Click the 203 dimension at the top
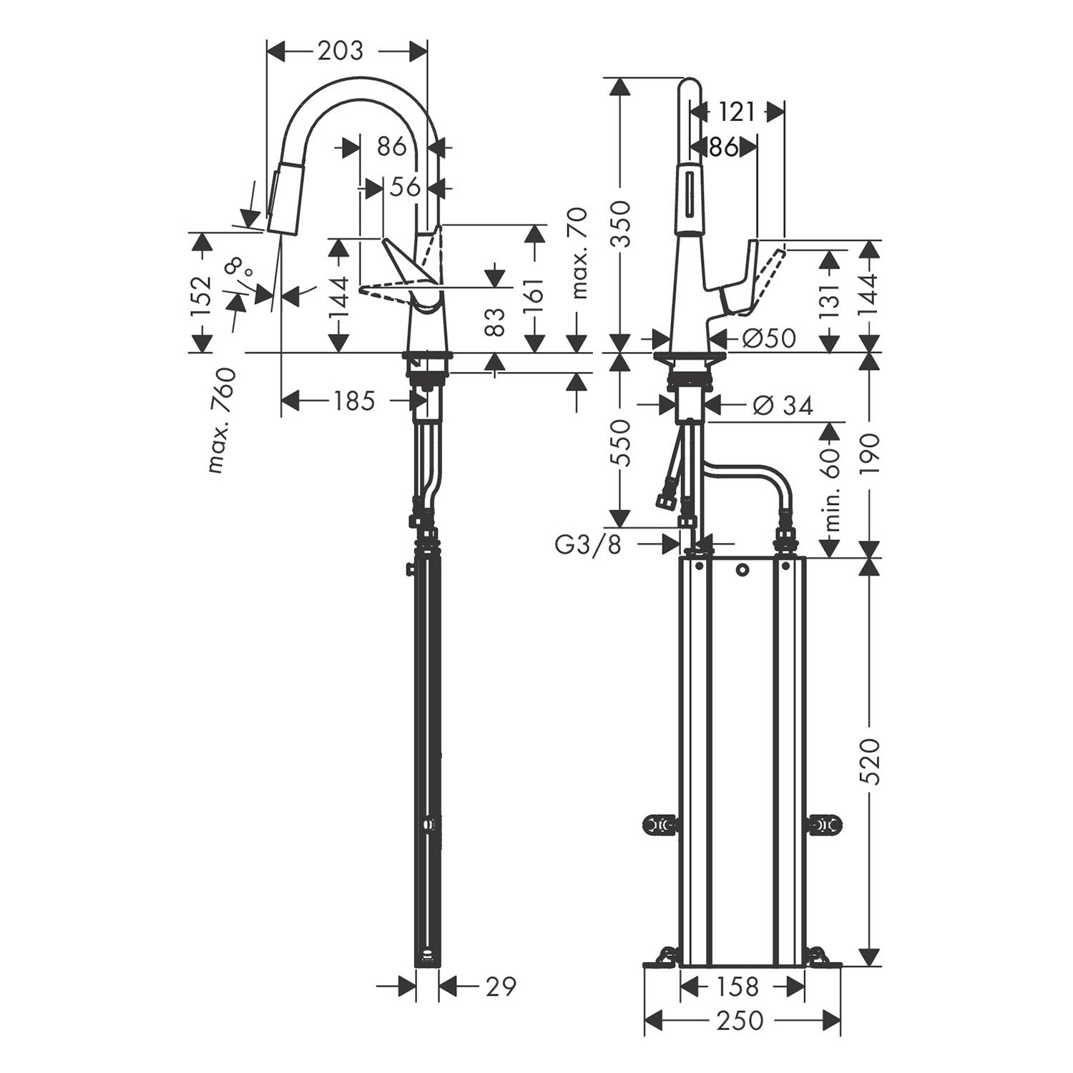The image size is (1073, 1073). pos(340,51)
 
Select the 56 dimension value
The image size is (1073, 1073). pos(405,187)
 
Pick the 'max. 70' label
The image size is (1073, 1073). pos(579,253)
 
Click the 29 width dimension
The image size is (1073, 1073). pos(500,986)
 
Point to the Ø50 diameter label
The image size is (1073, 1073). pos(768,338)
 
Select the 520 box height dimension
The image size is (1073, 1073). pos(871,761)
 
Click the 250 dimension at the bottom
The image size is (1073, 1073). pos(740,1021)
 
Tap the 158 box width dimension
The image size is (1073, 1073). pos(737,986)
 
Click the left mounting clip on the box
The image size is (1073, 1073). pos(660,825)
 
